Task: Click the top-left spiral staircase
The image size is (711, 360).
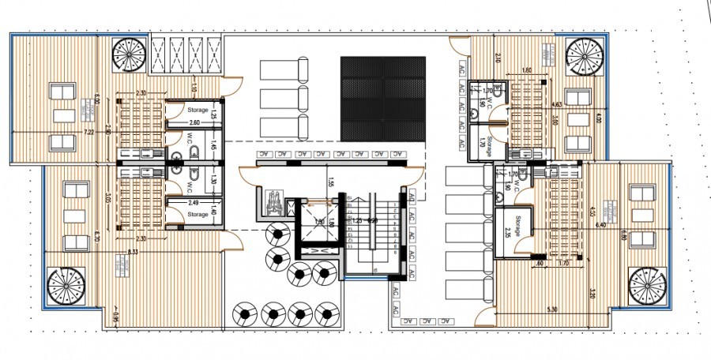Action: point(127,54)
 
